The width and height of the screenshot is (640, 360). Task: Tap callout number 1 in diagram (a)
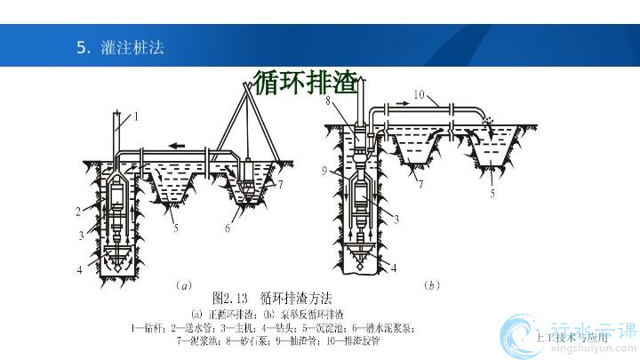tap(138, 116)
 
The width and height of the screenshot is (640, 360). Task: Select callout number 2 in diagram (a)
tap(79, 211)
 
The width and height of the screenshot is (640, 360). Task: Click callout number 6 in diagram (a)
tap(228, 228)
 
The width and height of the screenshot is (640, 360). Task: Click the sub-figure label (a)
tap(184, 286)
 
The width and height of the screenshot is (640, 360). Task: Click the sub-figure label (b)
tap(432, 286)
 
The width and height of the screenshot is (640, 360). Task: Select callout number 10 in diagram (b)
tap(420, 92)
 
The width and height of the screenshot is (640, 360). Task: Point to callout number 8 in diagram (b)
tap(329, 102)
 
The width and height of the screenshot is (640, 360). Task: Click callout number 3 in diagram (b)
tap(394, 217)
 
